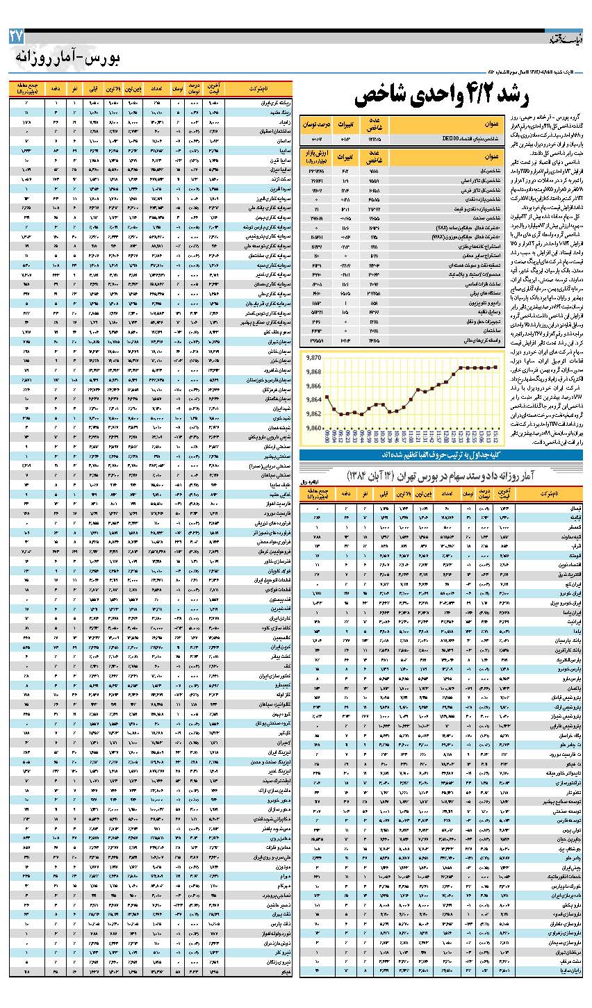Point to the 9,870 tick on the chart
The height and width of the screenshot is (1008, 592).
(314, 358)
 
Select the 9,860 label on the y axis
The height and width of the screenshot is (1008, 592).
(314, 428)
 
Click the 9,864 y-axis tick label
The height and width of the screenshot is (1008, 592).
(314, 399)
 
